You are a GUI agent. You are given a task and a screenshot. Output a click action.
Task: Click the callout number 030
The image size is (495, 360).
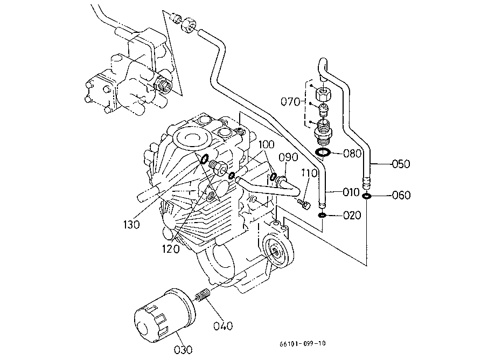click(x=183, y=349)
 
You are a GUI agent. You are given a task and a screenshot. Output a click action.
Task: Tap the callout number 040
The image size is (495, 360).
click(x=223, y=326)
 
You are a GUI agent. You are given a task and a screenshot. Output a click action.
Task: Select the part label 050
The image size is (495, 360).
click(x=401, y=164)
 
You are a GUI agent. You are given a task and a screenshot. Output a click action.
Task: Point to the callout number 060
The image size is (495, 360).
click(x=401, y=195)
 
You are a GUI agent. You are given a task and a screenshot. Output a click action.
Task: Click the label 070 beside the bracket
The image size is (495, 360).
click(x=290, y=102)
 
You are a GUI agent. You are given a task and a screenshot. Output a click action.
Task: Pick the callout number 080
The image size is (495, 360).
click(x=352, y=154)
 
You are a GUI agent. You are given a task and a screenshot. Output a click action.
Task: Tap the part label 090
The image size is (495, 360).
click(x=288, y=157)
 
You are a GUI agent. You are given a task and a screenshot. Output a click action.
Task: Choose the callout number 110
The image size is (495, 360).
click(x=309, y=173)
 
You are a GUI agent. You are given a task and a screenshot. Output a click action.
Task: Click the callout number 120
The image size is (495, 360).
click(x=171, y=249)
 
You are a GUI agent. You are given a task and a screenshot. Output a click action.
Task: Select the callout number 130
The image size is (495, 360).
click(x=131, y=225)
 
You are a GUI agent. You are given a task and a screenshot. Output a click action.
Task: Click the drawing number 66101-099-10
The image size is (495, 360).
click(x=302, y=344)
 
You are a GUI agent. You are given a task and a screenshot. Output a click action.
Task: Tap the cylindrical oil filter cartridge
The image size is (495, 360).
click(x=164, y=316)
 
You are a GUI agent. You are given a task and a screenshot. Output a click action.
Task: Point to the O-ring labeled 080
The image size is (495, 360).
click(x=323, y=153)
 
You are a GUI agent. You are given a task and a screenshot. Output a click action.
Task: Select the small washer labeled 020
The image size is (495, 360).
click(x=322, y=216)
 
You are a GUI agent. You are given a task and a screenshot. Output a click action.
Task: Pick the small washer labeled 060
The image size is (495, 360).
click(x=366, y=196)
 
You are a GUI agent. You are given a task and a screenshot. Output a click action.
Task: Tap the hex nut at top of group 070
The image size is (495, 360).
click(x=323, y=94)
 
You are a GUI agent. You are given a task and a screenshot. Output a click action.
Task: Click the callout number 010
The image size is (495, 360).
click(x=351, y=192)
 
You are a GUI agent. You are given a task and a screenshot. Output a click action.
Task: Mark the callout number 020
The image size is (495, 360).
click(x=352, y=216)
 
